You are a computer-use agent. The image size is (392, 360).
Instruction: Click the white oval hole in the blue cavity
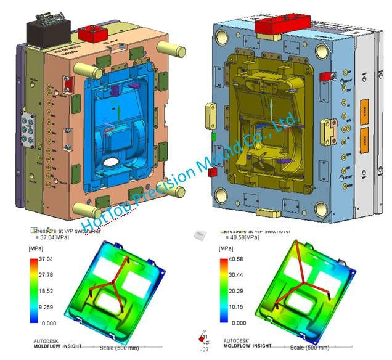coord(112,164)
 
